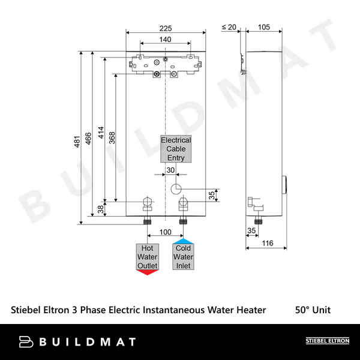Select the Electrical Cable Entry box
(176, 149)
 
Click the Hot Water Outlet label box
(148, 257)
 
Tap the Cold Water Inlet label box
(184, 257)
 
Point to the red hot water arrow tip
(148, 272)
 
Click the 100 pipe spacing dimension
(165, 232)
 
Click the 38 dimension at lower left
(100, 209)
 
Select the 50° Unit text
(313, 310)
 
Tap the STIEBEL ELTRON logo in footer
(328, 341)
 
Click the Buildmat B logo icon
(26, 342)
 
